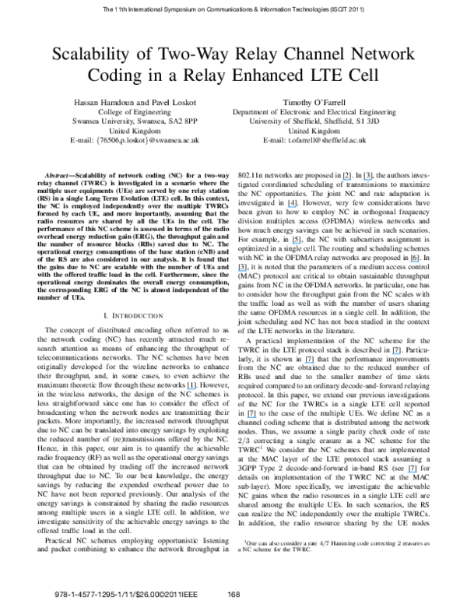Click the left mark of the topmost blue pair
pyautogui.click(x=347, y=180)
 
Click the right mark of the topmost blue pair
pyautogui.click(x=367, y=180)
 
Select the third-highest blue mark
pyautogui.click(x=292, y=206)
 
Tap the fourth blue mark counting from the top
pyautogui.click(x=297, y=244)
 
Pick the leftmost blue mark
pyautogui.click(x=191, y=388)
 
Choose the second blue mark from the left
pyautogui.click(x=242, y=270)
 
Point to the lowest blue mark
pyautogui.click(x=413, y=472)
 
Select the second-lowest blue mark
pyautogui.click(x=251, y=416)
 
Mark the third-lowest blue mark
pyautogui.click(x=191, y=388)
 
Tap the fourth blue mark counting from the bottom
pyautogui.click(x=310, y=363)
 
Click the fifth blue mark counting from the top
pyautogui.click(x=415, y=262)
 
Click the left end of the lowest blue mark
pyautogui.click(x=408, y=472)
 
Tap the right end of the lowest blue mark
pyautogui.click(x=417, y=472)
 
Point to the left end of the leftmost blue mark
pyautogui.click(x=188, y=388)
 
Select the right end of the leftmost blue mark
pyautogui.click(x=195, y=388)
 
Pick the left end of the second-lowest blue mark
pyautogui.click(x=248, y=416)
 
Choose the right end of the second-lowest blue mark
pyautogui.click(x=256, y=416)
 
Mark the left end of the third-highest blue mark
pyautogui.click(x=288, y=206)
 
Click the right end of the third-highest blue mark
pyautogui.click(x=296, y=206)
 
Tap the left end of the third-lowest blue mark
pyautogui.click(x=188, y=388)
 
